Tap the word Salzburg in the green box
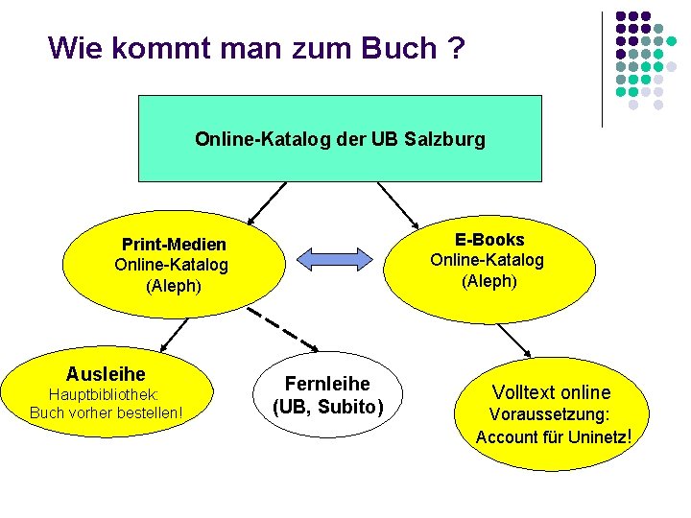point(445,139)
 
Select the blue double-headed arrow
point(334,258)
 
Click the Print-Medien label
point(174,245)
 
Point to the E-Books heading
point(489,240)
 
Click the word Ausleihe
point(106,373)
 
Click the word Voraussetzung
point(550,415)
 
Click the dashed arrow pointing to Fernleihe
point(282,327)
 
